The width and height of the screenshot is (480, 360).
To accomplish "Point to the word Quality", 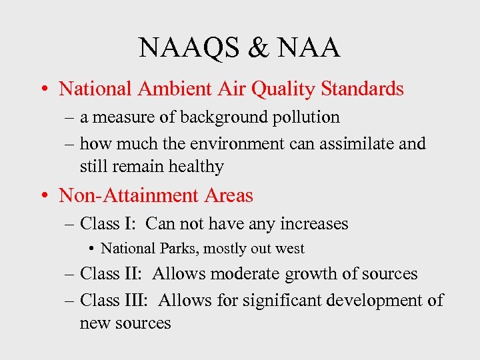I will pyautogui.click(x=287, y=89).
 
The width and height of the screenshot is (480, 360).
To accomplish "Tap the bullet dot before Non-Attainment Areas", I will pyautogui.click(x=44, y=196).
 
